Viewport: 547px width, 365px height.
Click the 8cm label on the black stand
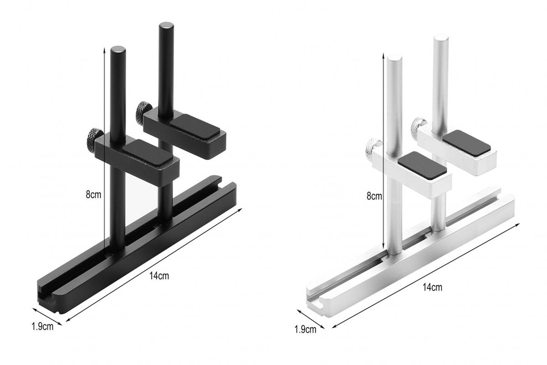pyautogui.click(x=93, y=195)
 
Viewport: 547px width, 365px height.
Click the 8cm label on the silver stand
pyautogui.click(x=374, y=196)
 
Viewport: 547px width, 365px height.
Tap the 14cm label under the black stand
pyautogui.click(x=159, y=276)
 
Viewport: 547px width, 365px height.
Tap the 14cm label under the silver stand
pyautogui.click(x=432, y=287)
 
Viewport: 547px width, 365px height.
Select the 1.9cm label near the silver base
pyautogui.click(x=305, y=329)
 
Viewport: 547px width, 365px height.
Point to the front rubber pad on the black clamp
pyautogui.click(x=148, y=153)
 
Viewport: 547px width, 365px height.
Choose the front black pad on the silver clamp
pyautogui.click(x=422, y=165)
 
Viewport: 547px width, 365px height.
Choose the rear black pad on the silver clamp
pyautogui.click(x=466, y=143)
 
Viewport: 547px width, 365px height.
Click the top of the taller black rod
pyautogui.click(x=166, y=26)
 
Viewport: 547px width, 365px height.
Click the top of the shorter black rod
pyautogui.click(x=118, y=50)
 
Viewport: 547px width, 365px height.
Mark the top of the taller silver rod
pyautogui.click(x=441, y=38)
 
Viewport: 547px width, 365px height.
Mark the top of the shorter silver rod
pyautogui.click(x=394, y=58)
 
